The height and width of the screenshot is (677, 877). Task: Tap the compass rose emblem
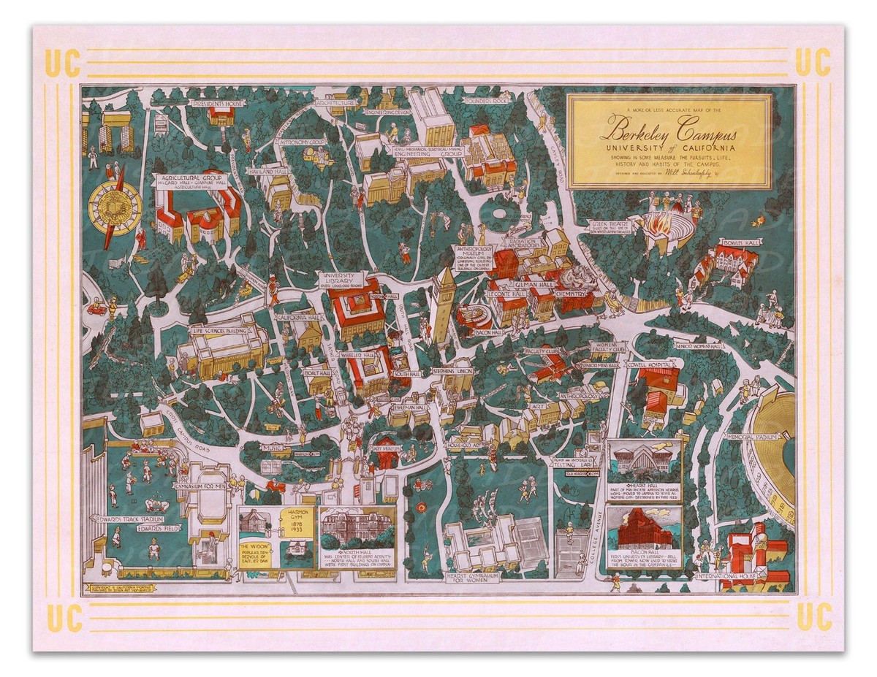pyautogui.click(x=115, y=202)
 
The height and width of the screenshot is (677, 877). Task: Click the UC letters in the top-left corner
pyautogui.click(x=62, y=63)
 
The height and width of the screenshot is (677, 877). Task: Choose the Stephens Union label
pyautogui.click(x=452, y=371)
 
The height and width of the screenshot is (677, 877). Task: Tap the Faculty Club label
pyautogui.click(x=542, y=351)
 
